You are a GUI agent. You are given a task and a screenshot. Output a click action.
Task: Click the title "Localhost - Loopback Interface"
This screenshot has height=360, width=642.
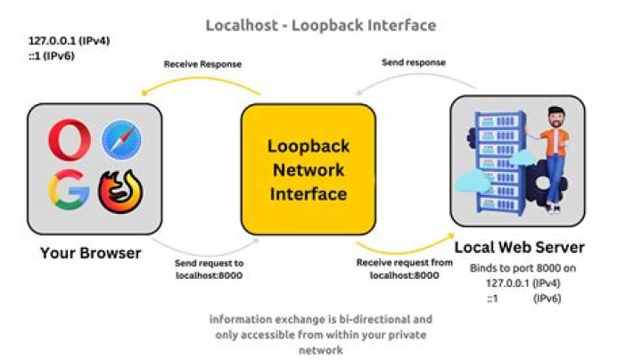(x=321, y=25)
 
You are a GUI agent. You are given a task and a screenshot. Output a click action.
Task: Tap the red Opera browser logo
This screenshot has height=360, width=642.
(x=69, y=141)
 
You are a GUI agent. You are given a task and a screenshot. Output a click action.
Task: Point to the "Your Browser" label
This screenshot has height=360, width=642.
(x=91, y=253)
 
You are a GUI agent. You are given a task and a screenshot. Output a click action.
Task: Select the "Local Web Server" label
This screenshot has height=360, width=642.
(x=519, y=247)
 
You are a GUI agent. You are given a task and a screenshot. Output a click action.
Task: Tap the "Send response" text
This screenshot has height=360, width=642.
(x=414, y=62)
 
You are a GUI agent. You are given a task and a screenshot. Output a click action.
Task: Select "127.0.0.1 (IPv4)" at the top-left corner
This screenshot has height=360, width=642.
(x=66, y=41)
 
